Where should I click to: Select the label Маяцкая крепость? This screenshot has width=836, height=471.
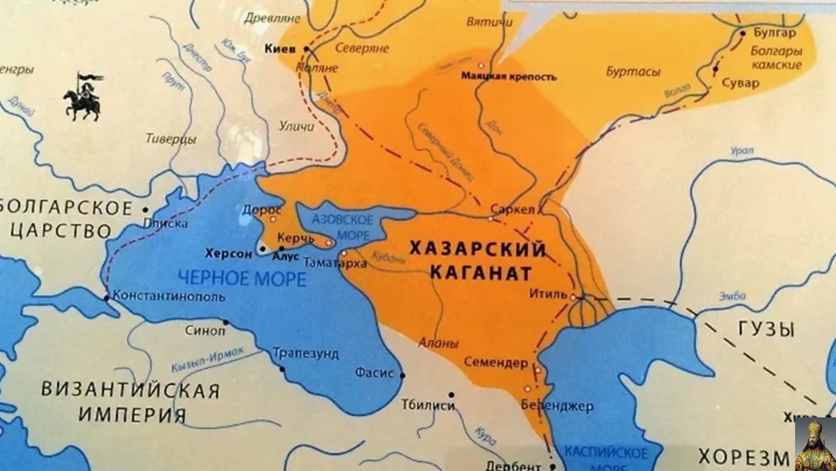509,77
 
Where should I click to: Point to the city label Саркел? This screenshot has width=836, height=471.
512,209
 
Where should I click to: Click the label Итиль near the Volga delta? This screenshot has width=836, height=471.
549,294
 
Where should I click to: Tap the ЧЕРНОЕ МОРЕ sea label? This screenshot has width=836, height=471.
242,279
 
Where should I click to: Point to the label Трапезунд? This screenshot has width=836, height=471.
307,354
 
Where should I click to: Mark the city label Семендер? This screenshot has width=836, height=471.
497,364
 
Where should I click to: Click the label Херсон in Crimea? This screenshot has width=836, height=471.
229,254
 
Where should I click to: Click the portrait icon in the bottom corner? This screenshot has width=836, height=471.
815,444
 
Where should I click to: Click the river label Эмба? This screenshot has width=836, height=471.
734,296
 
